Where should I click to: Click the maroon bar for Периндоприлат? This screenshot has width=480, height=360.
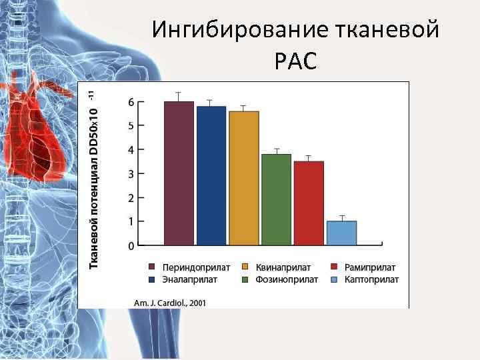click(179, 173)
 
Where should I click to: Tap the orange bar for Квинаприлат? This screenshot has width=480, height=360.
click(244, 178)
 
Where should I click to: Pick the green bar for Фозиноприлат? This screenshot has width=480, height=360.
click(276, 199)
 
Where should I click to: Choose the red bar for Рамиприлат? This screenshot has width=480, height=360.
click(309, 203)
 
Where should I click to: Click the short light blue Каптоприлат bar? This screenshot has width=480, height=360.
click(341, 233)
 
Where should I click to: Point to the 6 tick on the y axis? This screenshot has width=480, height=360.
click(131, 101)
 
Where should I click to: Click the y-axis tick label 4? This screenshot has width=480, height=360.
click(131, 149)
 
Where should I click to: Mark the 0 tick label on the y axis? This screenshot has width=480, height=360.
click(131, 245)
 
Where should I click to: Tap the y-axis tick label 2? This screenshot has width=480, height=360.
click(131, 197)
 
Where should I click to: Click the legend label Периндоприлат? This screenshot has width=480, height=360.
click(193, 267)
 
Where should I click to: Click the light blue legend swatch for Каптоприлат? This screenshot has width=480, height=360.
click(339, 279)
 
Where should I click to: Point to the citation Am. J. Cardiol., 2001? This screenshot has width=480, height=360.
click(170, 302)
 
